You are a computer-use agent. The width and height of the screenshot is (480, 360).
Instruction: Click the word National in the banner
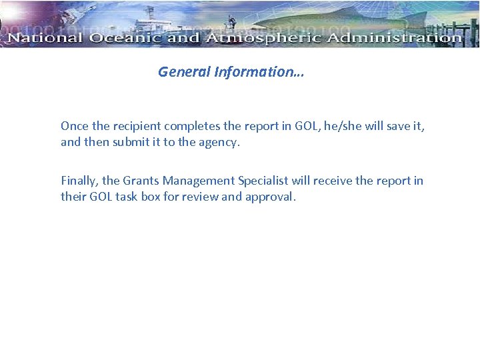pyautogui.click(x=44, y=38)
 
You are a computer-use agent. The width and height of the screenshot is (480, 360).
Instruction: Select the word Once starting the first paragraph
pyautogui.click(x=74, y=126)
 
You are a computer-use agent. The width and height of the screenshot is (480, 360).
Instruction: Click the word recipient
pyautogui.click(x=136, y=126)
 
